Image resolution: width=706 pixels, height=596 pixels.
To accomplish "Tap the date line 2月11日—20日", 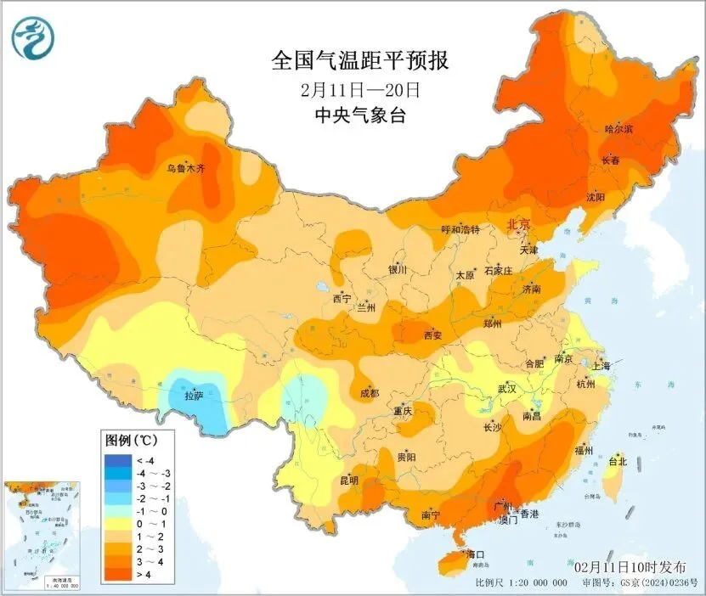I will [x=359, y=89].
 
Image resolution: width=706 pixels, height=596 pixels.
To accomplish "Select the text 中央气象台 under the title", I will [x=359, y=115].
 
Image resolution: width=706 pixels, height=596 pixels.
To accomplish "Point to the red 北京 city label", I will [x=518, y=225].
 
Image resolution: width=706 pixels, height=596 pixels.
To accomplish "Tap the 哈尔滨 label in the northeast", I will [x=618, y=129].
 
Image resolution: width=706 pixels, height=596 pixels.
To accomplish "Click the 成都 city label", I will [x=369, y=393].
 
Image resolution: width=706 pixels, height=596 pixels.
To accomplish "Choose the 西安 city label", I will [x=433, y=335].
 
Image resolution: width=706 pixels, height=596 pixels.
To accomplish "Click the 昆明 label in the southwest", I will [x=349, y=481].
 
